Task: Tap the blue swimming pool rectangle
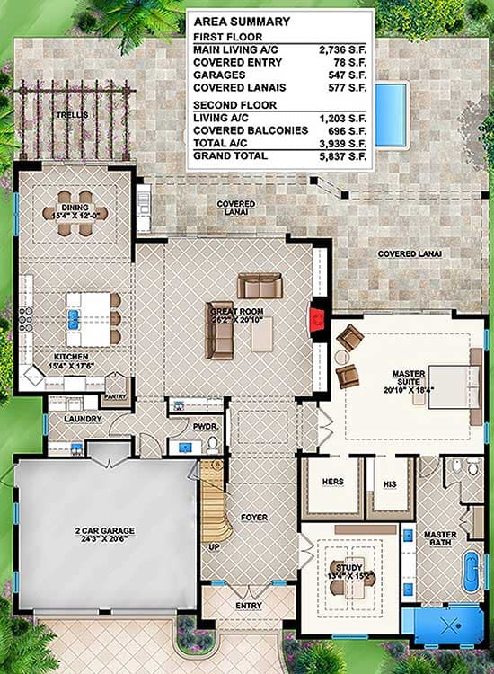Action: tap(390, 113)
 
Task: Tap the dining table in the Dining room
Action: tap(76, 215)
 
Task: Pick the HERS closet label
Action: tap(332, 483)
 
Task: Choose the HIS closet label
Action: tap(390, 483)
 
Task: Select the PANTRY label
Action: tap(115, 396)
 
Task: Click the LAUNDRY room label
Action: tap(82, 419)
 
